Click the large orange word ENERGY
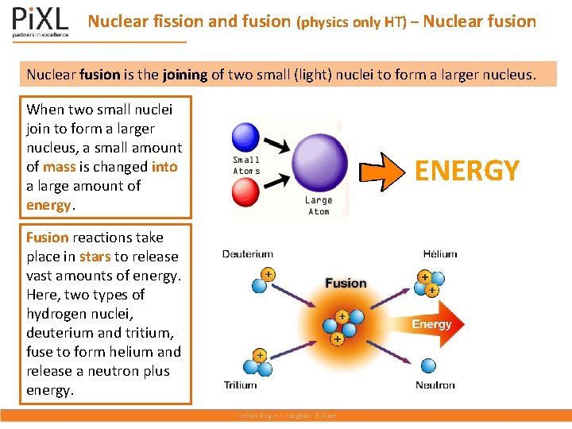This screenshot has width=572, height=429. pos(467,170)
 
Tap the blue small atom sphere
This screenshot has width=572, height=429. pos(245,137)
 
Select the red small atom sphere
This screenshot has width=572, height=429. pos(245,193)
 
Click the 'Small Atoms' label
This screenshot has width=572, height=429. pos(246,165)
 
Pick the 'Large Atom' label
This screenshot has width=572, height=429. pos(319,206)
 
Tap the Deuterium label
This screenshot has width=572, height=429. pos(247,254)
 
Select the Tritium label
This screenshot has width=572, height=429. pos(240,385)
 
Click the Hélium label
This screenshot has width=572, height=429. pos(440,254)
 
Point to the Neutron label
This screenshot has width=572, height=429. pos(435,385)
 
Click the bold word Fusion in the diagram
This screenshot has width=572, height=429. pos(346,283)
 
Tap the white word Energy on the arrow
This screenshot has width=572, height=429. pos(431,324)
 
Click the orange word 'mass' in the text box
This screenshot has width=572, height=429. pos(60,167)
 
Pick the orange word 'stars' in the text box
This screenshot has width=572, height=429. pos(95,257)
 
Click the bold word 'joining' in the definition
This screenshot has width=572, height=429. pos(184,75)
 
